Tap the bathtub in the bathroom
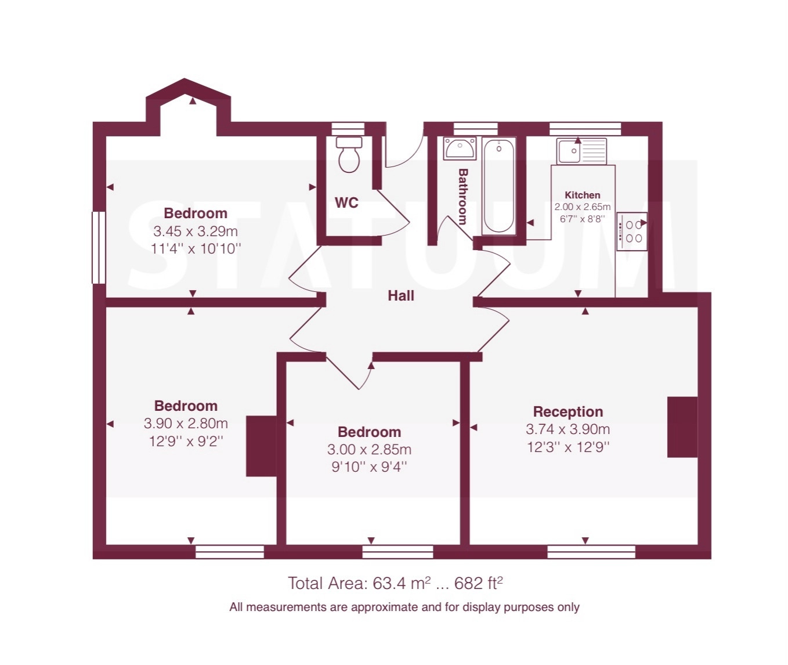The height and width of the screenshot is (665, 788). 499,186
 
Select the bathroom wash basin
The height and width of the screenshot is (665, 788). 460,149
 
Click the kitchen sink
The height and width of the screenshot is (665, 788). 581,151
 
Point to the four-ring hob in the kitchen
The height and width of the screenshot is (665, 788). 632,232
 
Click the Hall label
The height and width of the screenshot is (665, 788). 401,295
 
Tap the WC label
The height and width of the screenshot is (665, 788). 346,203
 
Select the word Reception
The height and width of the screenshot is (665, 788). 568,411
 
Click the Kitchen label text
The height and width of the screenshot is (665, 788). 583,195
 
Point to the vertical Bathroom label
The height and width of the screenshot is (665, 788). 462,196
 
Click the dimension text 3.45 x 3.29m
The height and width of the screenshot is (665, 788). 196,231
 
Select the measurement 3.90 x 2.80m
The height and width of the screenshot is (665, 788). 186,424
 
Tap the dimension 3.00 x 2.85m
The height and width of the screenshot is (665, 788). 369,450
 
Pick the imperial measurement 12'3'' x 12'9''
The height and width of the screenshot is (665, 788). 568,447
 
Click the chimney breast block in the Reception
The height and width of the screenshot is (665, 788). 682,427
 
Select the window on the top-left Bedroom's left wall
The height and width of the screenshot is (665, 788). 99,247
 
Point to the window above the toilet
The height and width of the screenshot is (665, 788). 348,128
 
